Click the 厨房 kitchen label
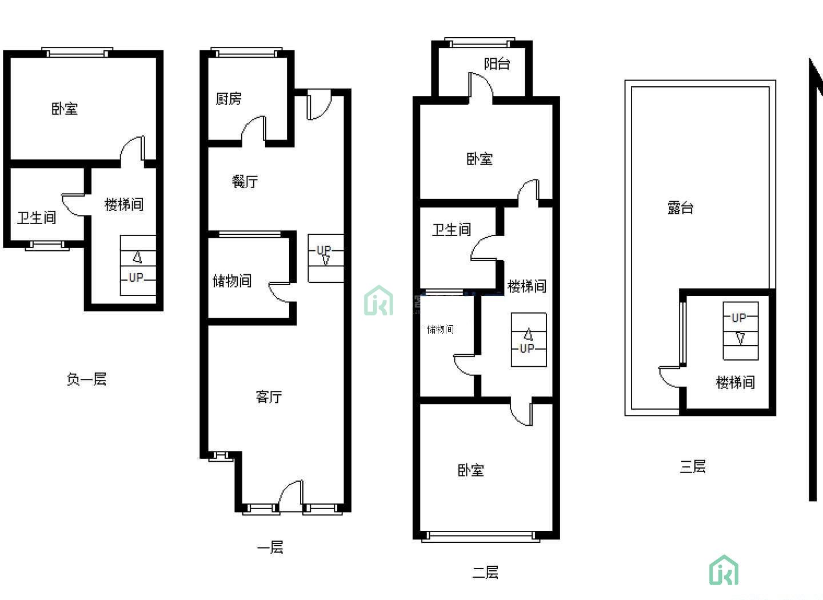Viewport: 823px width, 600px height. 229,98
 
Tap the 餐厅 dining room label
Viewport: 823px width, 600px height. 245,182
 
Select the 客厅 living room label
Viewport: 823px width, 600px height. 269,397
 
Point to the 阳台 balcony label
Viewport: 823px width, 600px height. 497,64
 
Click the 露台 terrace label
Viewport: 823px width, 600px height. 681,207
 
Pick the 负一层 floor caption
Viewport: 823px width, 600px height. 87,379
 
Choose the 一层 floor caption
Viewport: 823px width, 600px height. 270,547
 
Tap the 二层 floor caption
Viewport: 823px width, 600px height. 485,573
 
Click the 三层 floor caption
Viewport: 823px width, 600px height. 693,466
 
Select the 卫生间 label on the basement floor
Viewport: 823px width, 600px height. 37,218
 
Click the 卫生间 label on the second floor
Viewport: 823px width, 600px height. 452,230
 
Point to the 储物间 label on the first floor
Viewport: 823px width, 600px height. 232,281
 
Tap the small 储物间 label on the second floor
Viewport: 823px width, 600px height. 440,329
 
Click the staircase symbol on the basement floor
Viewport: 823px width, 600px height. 138,265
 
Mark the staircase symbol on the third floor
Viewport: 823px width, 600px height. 741,331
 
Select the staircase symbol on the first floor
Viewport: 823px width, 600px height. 326,258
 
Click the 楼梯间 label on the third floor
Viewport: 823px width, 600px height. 736,382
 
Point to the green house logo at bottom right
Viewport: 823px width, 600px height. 724,570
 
